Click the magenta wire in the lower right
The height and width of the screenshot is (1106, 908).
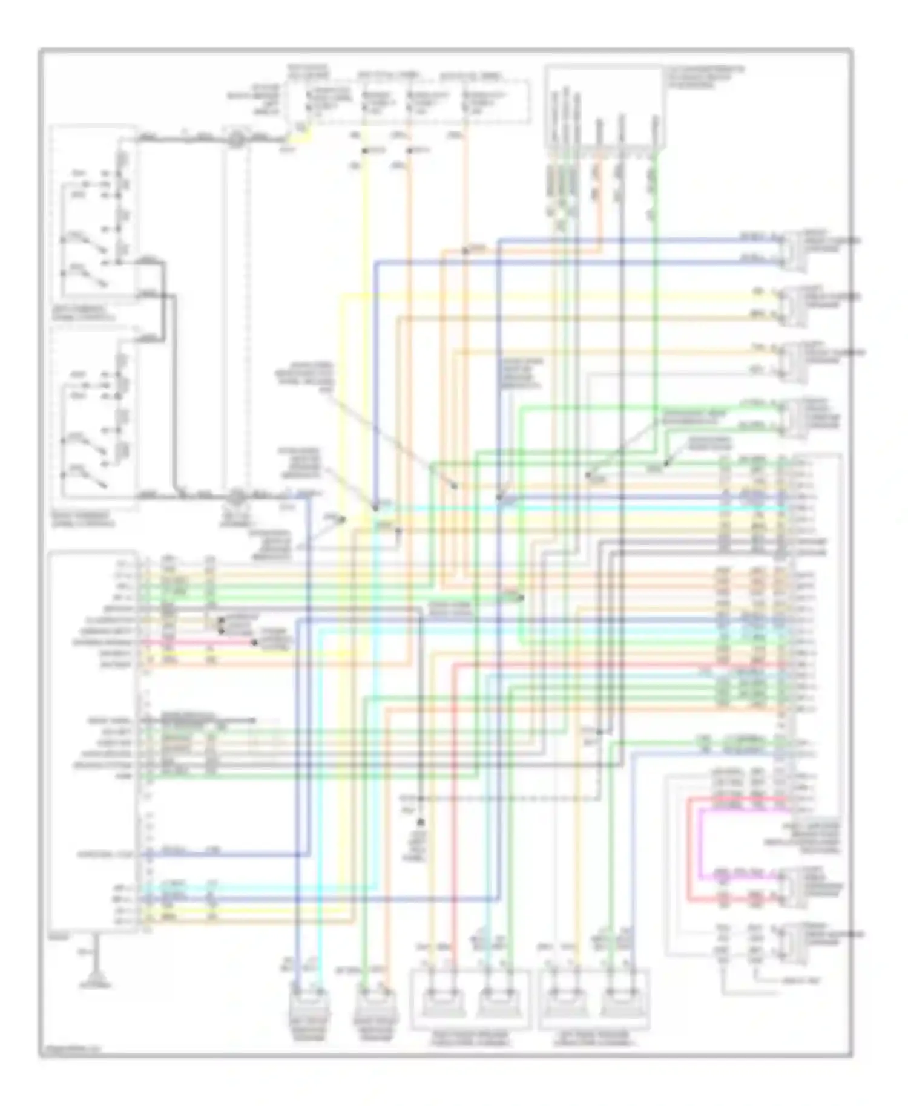[701, 847]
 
